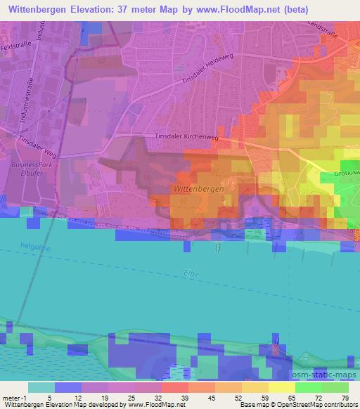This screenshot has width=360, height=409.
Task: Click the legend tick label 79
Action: (345, 397)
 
